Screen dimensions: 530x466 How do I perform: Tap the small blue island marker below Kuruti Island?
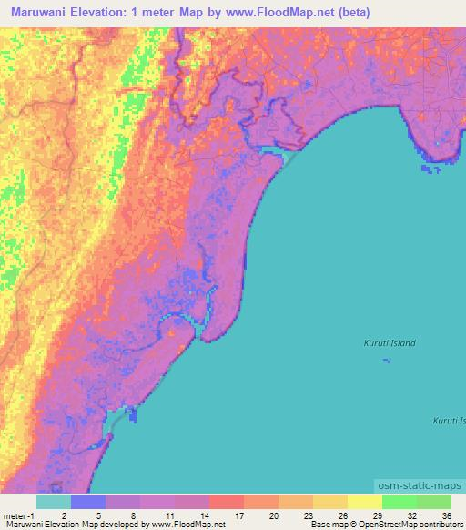coord(387,362)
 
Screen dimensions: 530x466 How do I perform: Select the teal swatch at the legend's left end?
coord(54,502)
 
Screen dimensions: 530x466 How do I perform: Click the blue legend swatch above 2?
coord(88,502)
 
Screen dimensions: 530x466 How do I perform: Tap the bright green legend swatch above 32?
coord(399,502)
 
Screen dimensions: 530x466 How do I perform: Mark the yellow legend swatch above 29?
coord(364,502)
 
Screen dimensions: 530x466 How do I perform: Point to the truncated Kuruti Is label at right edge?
coord(448,420)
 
